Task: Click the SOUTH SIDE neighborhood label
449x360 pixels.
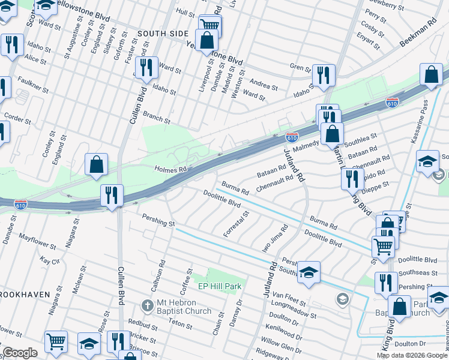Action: click(x=162, y=34)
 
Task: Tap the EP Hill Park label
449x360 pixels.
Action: click(x=216, y=286)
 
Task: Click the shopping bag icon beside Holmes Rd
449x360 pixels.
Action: click(x=96, y=166)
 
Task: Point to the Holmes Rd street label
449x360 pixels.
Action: click(x=171, y=170)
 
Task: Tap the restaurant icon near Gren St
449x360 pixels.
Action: click(x=324, y=76)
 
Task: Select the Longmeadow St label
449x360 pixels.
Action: click(x=293, y=305)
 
